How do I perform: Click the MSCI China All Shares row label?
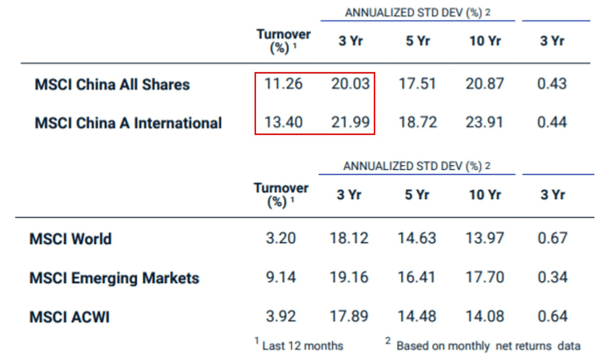(112, 85)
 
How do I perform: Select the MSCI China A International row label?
(128, 123)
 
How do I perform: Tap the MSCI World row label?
(71, 239)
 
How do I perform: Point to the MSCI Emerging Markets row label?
(114, 278)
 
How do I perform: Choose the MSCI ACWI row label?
(69, 317)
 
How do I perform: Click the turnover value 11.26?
(283, 84)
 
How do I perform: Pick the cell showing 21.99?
(350, 122)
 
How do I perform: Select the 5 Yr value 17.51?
(417, 84)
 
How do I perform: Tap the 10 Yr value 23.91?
(485, 122)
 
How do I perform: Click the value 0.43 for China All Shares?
(552, 84)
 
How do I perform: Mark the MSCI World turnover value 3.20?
(281, 238)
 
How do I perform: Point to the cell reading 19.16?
(349, 277)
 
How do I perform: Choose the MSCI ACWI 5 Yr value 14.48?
(417, 316)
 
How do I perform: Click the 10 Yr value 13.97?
(485, 238)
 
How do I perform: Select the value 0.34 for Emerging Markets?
(552, 277)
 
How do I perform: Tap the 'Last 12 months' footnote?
(302, 346)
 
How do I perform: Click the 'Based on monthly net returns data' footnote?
(488, 346)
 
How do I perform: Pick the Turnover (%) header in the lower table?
(281, 195)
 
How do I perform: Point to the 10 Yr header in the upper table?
(485, 41)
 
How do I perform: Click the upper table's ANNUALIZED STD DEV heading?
(417, 13)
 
